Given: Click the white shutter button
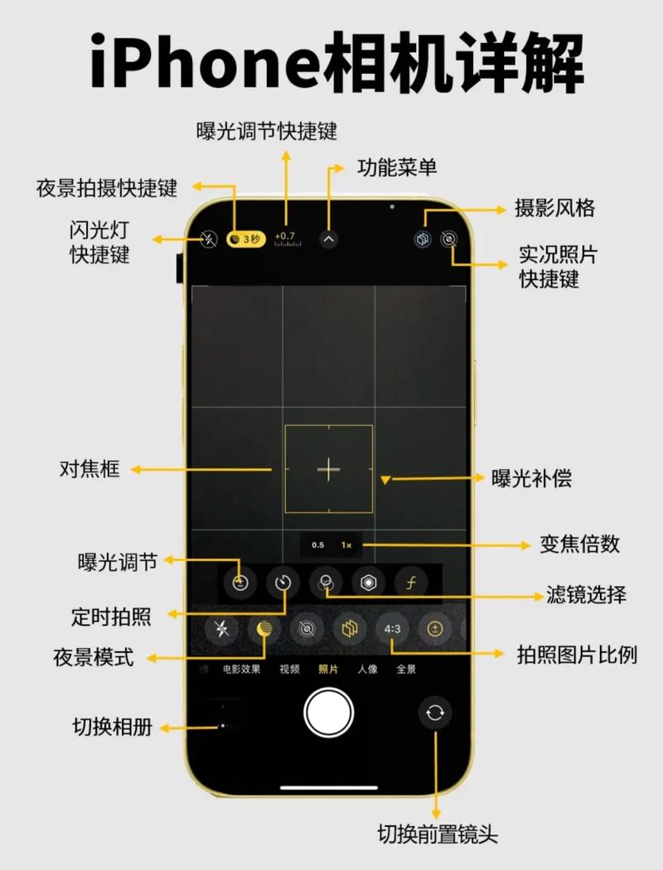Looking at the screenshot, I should (x=329, y=712).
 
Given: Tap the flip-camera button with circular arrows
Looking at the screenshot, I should (x=435, y=712).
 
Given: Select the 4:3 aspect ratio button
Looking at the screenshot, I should (x=392, y=630).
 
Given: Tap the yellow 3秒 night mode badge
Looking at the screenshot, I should (x=247, y=239).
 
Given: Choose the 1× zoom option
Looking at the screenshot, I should (x=346, y=545).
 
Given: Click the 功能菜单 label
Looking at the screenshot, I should (x=397, y=167).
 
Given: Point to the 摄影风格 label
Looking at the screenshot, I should (x=554, y=208).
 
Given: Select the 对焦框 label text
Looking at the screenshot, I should (x=90, y=470).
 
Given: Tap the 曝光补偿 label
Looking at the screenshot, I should (x=531, y=478).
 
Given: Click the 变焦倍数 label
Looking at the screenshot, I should (x=579, y=544).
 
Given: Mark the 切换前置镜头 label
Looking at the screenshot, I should (x=437, y=833).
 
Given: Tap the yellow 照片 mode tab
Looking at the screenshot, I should (x=328, y=669).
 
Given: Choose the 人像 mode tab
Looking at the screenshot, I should (x=367, y=669).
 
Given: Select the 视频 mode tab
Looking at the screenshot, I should (x=289, y=669).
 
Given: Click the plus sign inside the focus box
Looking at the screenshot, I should (x=329, y=470).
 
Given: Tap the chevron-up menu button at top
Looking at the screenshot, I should (x=329, y=240).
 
